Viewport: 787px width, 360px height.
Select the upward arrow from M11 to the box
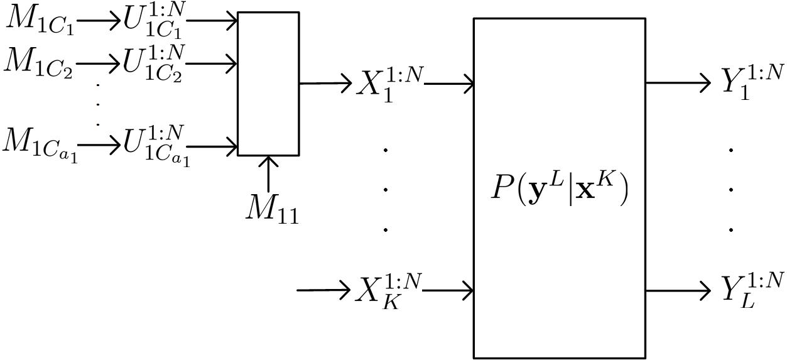coord(268,174)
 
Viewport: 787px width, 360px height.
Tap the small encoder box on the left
coord(268,83)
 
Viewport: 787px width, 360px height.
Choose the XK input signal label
coord(389,290)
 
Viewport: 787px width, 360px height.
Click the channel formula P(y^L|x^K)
coord(558,189)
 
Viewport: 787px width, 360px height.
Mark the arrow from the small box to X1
coord(325,83)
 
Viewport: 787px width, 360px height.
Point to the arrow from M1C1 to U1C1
coord(99,21)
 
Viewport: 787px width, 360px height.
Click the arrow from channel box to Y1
coord(678,83)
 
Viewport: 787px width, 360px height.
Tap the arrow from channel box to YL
coord(678,291)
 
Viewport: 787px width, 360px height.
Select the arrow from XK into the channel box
coord(448,291)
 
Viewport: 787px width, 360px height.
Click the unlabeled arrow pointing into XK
coord(323,290)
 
